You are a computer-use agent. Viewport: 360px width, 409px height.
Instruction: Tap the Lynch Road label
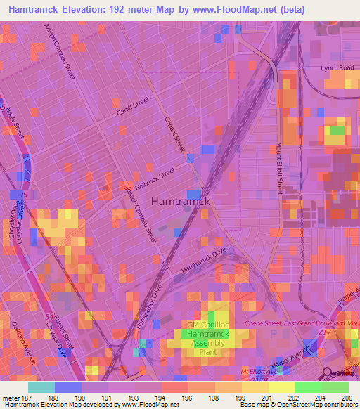point(335,68)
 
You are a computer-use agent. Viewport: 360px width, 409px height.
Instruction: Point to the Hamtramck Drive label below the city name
point(205,259)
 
